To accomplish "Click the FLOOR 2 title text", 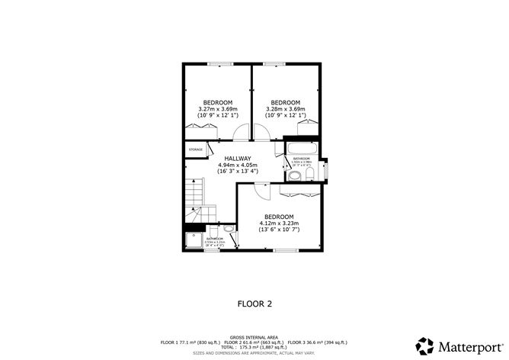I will tap(254, 303).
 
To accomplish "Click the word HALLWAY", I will tap(238, 159).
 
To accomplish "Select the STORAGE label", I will tap(196, 149).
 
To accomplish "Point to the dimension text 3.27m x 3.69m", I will tap(217, 109).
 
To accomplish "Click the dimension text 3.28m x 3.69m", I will tap(285, 109).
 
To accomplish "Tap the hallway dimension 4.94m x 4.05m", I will tap(238, 165).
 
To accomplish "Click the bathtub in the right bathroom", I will tap(302, 147).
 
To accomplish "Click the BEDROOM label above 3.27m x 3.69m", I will tap(217, 102).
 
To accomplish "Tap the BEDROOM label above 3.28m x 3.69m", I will tap(285, 102).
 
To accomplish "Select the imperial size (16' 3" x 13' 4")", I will tap(238, 172).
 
